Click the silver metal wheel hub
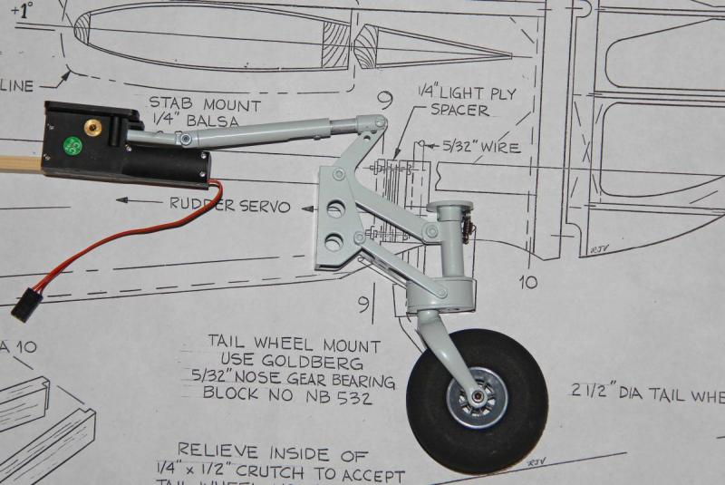coord(477,398)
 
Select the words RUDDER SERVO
coord(230,206)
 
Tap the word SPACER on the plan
coord(459,111)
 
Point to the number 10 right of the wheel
coord(529,283)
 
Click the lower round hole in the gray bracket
coord(334,240)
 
